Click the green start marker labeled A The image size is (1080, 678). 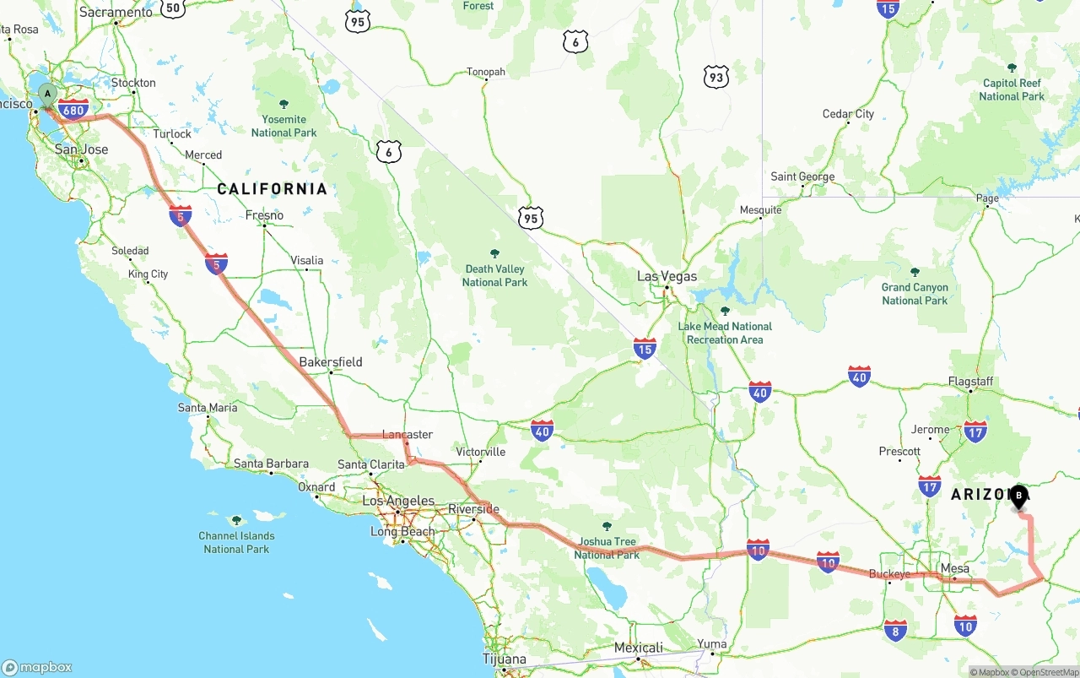point(48,94)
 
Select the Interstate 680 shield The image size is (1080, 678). point(74,109)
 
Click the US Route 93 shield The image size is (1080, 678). point(715,78)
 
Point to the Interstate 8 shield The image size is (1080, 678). point(895,629)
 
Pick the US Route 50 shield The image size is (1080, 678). point(172,8)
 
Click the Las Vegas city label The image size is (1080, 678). point(667,276)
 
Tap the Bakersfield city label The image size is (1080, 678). point(331,361)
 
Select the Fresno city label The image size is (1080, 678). point(264,215)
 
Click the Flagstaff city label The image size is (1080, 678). point(970,382)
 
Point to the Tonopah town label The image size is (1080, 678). point(486,72)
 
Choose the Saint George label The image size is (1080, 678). point(802,176)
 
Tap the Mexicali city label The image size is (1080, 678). point(638,648)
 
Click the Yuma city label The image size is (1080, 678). point(711,643)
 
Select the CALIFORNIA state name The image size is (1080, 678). point(272,188)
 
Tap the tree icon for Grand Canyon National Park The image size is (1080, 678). point(915,272)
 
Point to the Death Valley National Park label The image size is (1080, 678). point(494,275)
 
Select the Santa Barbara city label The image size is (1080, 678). point(271,464)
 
